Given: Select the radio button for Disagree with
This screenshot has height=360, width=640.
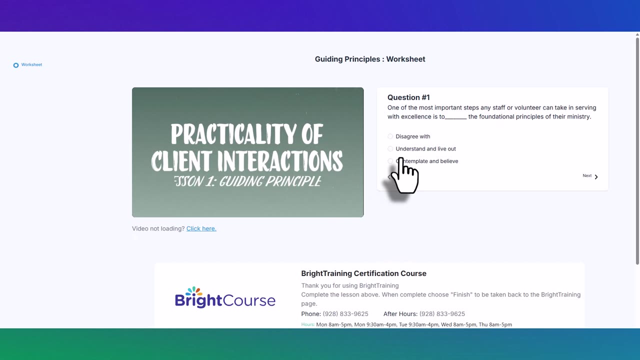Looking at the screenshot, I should click(390, 136).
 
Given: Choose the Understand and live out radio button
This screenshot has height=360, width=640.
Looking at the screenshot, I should click(390, 149).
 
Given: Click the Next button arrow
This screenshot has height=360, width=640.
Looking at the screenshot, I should click(596, 176).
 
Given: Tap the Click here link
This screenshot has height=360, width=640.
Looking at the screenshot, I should click(201, 228).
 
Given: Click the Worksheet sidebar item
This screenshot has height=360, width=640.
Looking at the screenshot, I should click(31, 65).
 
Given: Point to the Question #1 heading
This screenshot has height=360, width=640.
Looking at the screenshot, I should click(408, 97).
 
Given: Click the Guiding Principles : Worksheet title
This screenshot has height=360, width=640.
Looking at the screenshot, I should click(370, 59).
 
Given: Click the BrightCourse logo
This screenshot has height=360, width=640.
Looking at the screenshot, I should click(225, 298).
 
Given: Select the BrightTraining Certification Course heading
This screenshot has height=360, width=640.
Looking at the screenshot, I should click(363, 273).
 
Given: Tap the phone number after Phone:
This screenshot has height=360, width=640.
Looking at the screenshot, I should click(345, 314).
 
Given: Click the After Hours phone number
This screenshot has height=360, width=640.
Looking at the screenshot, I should click(442, 314).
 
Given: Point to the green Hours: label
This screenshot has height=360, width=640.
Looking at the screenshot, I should click(307, 324).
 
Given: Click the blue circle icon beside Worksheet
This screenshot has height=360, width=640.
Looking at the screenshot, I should click(16, 65).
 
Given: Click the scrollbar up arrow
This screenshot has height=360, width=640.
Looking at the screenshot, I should click(637, 35).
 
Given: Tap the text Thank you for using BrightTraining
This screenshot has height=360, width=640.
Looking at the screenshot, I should click(350, 285).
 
